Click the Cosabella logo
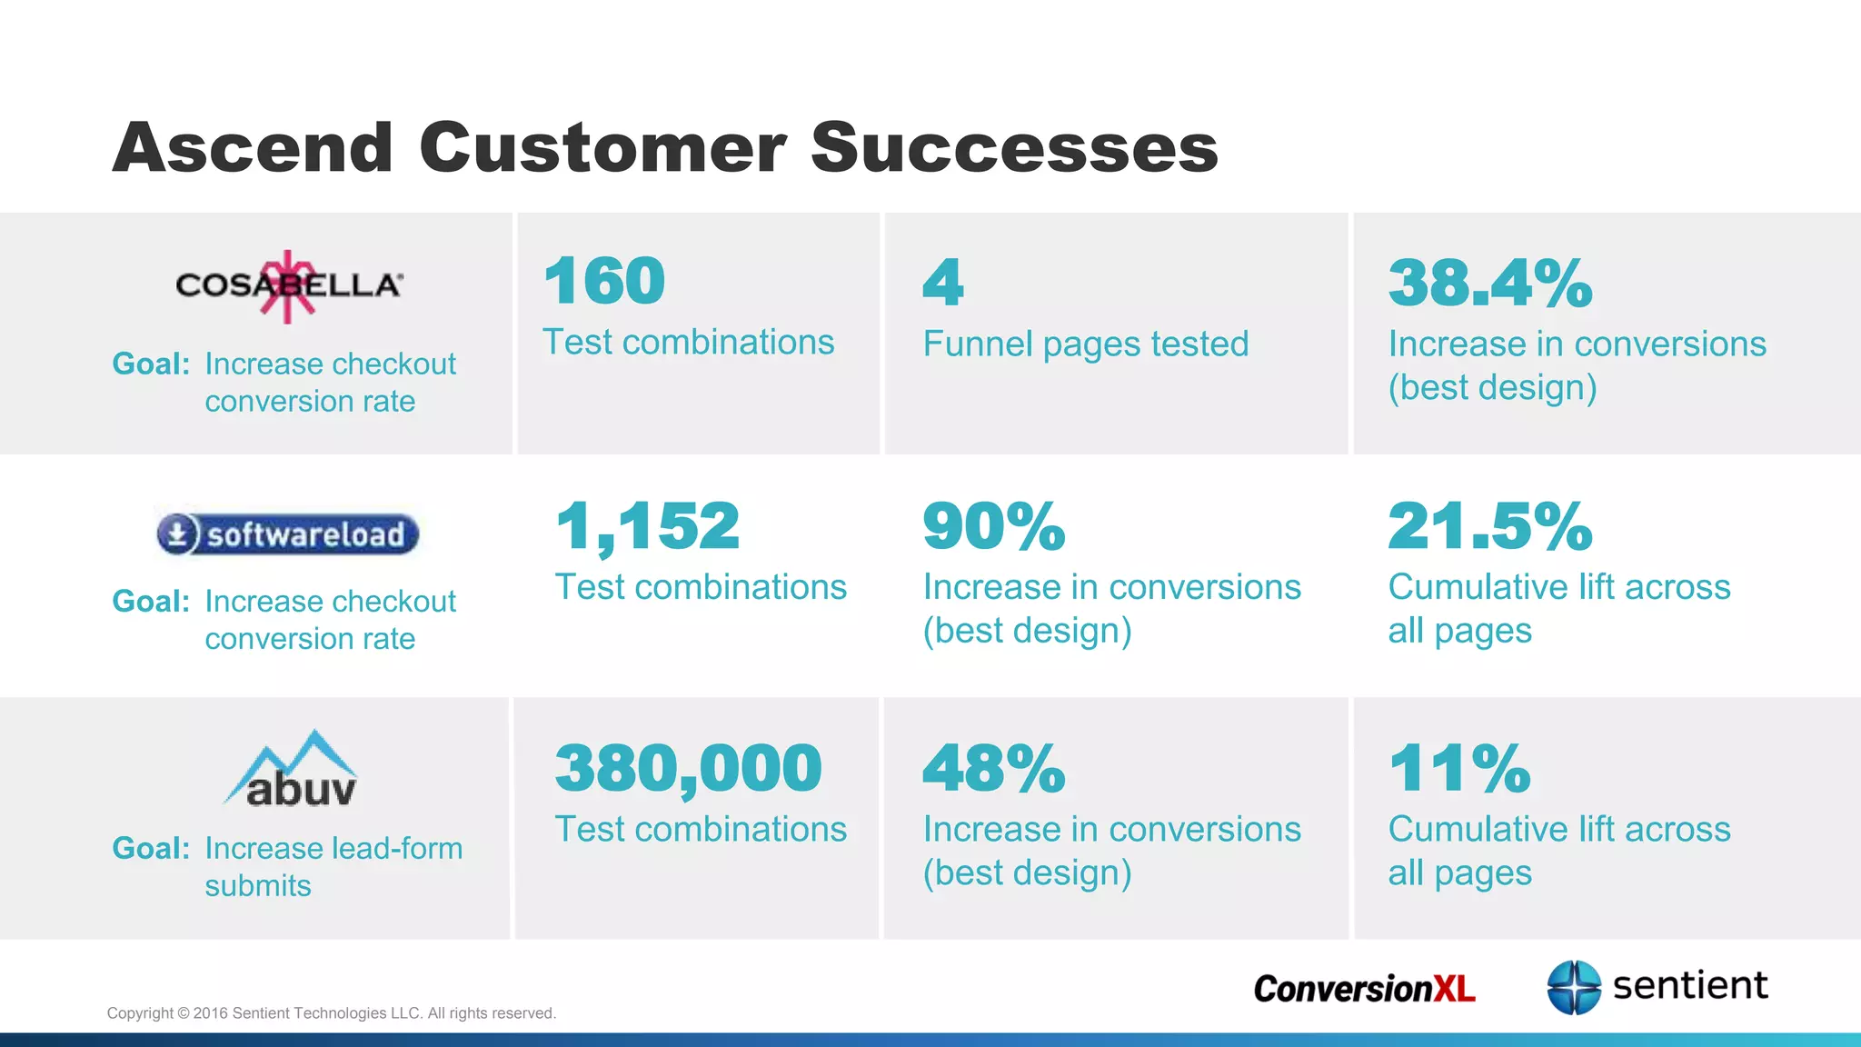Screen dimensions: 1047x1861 click(x=289, y=285)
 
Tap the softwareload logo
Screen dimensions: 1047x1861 click(x=287, y=534)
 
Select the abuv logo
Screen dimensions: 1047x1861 click(x=293, y=771)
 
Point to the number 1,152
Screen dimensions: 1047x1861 click(x=648, y=526)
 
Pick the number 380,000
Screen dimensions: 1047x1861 click(x=688, y=769)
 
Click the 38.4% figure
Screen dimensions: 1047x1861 click(x=1490, y=283)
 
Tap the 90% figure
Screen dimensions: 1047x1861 click(x=994, y=526)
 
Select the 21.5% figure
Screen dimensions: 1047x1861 click(x=1490, y=526)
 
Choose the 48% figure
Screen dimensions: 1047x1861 click(x=994, y=769)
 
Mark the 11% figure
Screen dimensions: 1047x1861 click(x=1459, y=769)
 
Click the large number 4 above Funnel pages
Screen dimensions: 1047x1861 click(x=943, y=283)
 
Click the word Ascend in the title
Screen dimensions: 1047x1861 click(x=253, y=147)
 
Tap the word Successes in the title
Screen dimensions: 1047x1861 click(x=1014, y=147)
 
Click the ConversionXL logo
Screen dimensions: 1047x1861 click(x=1364, y=988)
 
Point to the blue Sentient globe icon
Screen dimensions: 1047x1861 click(x=1574, y=987)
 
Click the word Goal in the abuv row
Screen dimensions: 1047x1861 click(x=151, y=848)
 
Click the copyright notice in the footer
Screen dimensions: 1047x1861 click(x=331, y=1013)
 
